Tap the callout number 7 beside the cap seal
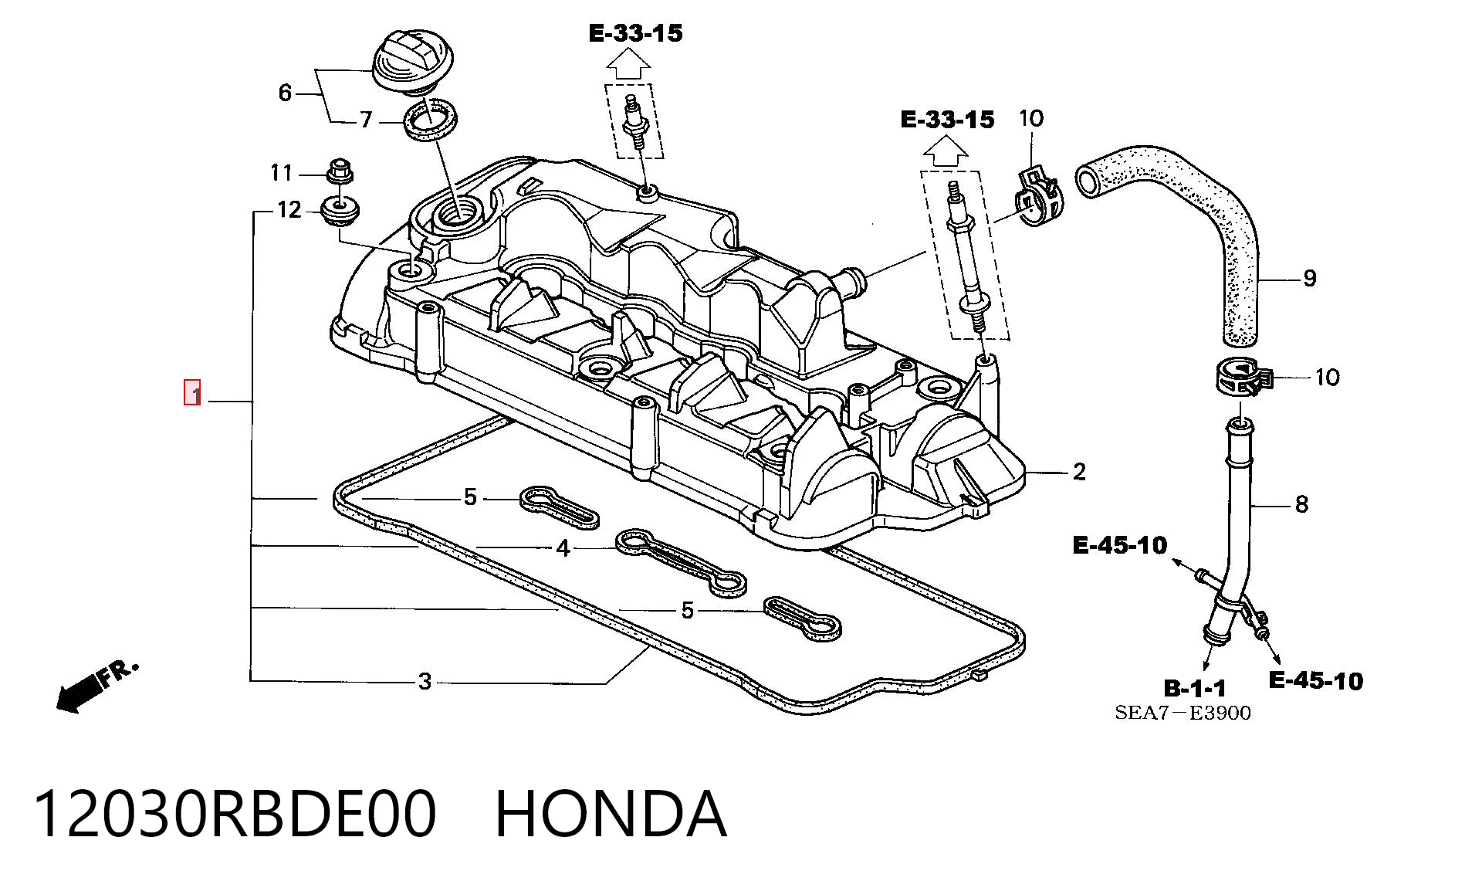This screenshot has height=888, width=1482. click(x=366, y=120)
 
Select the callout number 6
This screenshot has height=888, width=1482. click(x=285, y=93)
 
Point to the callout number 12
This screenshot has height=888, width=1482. click(x=289, y=209)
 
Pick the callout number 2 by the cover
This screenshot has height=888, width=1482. click(x=1079, y=471)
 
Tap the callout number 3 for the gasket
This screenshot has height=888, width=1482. click(x=425, y=682)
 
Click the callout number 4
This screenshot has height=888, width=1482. click(x=563, y=548)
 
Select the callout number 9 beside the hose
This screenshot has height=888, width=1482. click(x=1309, y=278)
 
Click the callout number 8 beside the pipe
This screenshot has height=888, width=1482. click(x=1301, y=504)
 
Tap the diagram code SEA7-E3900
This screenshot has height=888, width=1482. click(x=1183, y=713)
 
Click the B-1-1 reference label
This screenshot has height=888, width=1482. click(x=1194, y=688)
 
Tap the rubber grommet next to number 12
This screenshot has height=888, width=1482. click(x=340, y=212)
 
